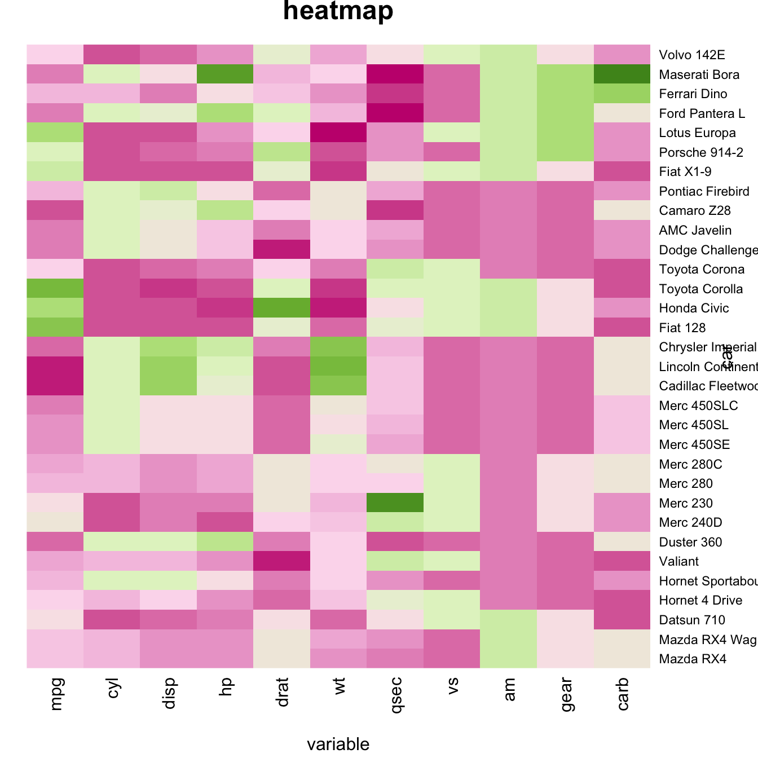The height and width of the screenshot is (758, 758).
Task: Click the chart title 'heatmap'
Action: click(338, 11)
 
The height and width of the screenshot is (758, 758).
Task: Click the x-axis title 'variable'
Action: click(338, 744)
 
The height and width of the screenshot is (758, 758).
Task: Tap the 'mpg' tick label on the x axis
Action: click(56, 693)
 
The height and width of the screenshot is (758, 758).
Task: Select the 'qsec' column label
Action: click(396, 695)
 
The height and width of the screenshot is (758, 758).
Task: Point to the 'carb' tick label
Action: click(623, 694)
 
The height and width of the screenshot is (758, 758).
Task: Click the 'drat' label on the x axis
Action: click(283, 694)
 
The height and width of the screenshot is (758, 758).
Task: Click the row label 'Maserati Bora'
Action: click(699, 74)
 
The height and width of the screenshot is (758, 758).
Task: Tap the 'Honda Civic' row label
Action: click(694, 308)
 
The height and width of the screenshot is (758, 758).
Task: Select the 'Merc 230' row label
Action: click(686, 503)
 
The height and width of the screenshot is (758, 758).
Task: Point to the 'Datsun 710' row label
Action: click(692, 620)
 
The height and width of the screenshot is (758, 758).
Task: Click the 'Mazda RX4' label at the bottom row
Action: click(693, 659)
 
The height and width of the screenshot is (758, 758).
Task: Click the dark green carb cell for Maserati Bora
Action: click(622, 74)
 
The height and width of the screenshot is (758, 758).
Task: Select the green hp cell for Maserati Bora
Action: click(226, 74)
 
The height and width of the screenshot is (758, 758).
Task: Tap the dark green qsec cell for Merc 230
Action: click(395, 503)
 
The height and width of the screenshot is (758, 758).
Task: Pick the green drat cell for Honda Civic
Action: click(282, 308)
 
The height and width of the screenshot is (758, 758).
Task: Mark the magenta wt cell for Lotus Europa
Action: click(338, 133)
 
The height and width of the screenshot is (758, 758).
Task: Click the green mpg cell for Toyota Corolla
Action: click(55, 288)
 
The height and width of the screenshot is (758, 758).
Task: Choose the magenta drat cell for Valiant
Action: click(282, 561)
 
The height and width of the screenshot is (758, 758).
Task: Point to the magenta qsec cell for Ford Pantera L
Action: click(395, 113)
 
